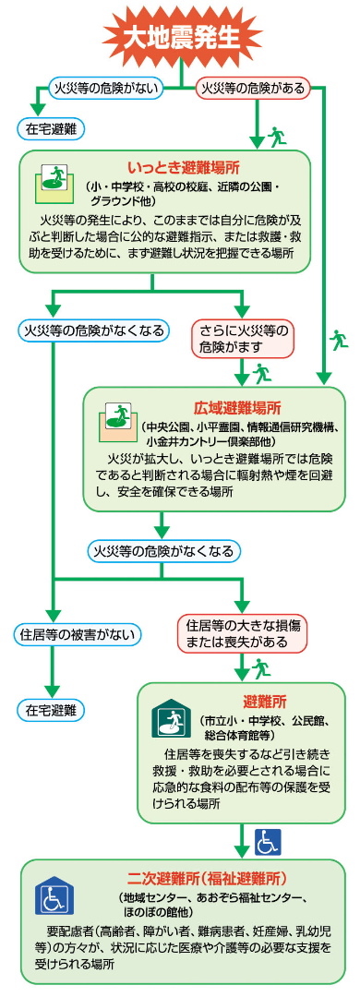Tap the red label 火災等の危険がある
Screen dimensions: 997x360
point(253,89)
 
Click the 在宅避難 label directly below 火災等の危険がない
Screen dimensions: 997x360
point(50,128)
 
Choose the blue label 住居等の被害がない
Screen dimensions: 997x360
point(79,633)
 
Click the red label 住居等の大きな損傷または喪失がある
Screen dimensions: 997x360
point(244,632)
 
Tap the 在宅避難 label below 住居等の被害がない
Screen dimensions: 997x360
point(50,710)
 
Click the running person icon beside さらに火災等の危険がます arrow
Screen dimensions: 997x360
point(265,373)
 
